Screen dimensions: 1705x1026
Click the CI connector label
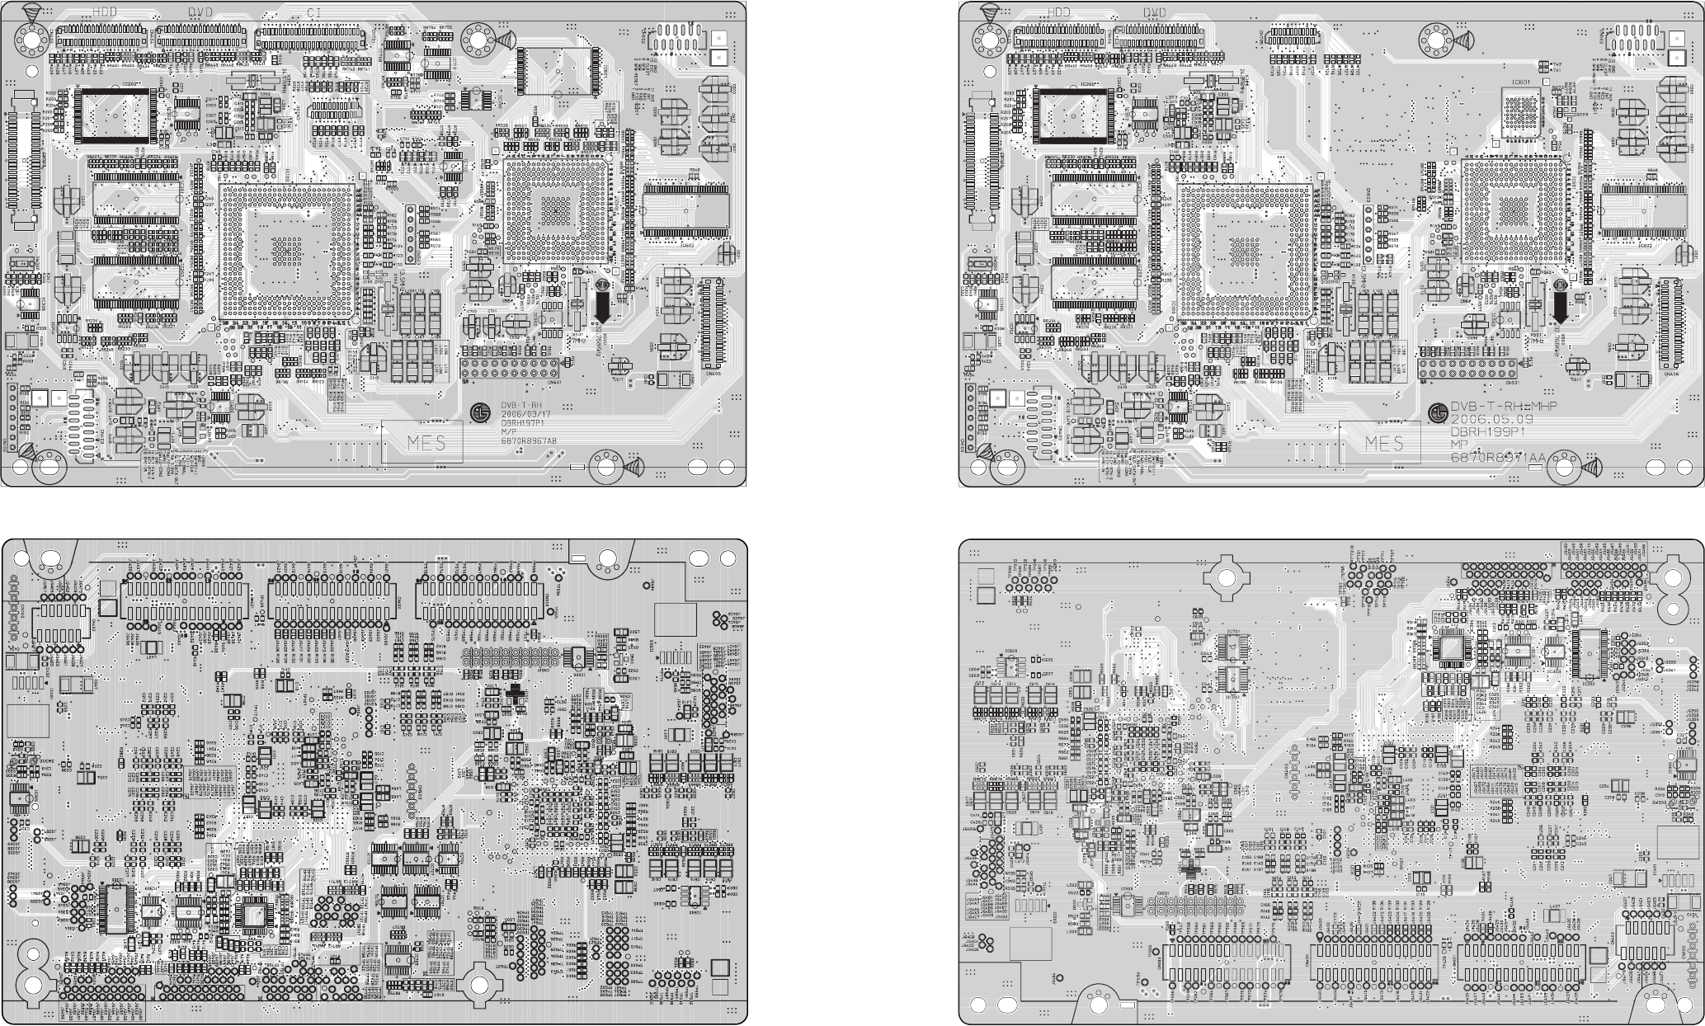coord(313,12)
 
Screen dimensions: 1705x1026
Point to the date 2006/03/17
coord(523,415)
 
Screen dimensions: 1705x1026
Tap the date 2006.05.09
coord(1493,419)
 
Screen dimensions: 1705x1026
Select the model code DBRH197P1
coord(524,423)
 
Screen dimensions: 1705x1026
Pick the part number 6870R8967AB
coord(529,441)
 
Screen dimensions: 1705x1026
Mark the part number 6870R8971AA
coord(1497,457)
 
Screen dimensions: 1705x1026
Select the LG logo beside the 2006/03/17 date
coord(479,411)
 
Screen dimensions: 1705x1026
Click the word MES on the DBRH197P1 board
coord(426,444)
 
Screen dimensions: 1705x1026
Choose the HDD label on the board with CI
coord(105,12)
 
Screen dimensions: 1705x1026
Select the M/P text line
coord(509,432)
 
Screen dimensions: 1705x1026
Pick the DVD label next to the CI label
coord(200,12)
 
